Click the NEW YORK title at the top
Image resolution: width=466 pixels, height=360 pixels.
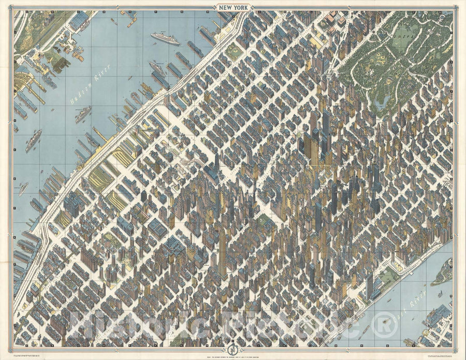233,8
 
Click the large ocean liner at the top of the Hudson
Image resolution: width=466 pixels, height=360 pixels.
165,39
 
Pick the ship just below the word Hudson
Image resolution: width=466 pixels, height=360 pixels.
83,114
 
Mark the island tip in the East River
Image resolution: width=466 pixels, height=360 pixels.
440,274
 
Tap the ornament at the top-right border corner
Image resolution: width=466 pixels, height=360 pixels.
455,8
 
